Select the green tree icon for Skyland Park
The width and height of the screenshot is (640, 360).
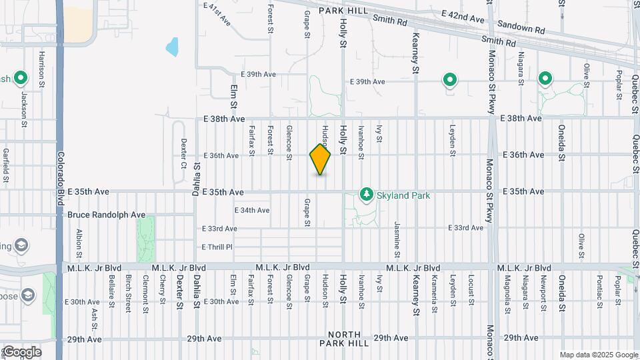point(366,195)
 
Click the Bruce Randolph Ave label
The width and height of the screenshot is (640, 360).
point(107,215)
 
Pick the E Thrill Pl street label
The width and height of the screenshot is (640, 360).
point(217,247)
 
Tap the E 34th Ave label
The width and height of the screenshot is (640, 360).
point(252,210)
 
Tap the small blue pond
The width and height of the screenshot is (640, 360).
point(173,47)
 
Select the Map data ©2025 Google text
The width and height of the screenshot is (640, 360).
point(599,355)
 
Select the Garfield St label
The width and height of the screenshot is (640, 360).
point(5,165)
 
